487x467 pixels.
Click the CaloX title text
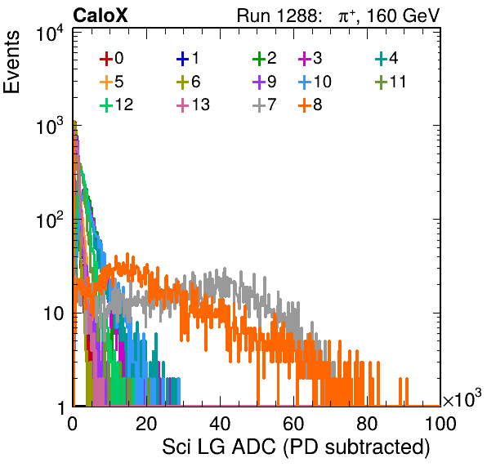pos(100,16)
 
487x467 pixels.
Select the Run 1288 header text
pos(278,16)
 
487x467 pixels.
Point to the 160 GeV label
pos(404,16)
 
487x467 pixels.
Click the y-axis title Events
pos(11,62)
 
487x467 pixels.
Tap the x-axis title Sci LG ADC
pos(219,447)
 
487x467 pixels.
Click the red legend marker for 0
pos(106,58)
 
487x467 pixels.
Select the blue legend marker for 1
pos(183,58)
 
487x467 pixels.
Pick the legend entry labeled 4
pos(386,58)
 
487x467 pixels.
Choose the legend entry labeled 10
pos(315,82)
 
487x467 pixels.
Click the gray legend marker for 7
pos(259,105)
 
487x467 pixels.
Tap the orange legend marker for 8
pos(305,105)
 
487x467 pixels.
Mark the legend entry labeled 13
pos(193,105)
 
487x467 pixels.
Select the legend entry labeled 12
pos(117,105)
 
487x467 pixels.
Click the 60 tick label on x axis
pos(293,424)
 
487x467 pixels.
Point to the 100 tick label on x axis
pos(440,424)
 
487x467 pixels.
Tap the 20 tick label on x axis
pos(146,424)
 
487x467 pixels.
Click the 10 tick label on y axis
pos(54,314)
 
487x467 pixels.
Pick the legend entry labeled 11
pos(391,82)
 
